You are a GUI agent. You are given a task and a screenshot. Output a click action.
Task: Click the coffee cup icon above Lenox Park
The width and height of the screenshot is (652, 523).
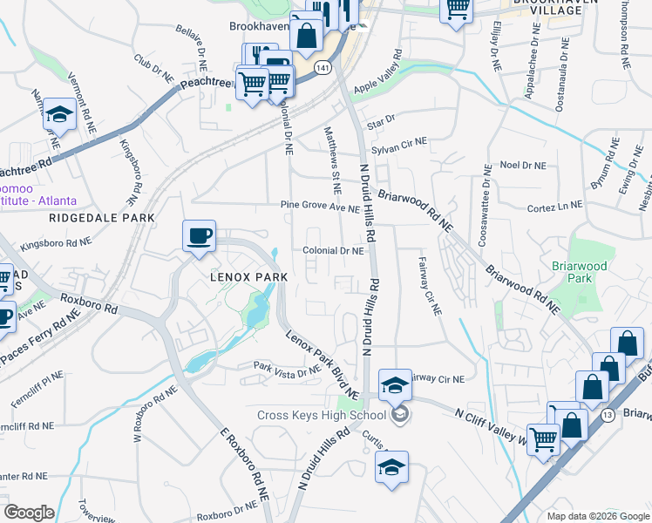(200, 235)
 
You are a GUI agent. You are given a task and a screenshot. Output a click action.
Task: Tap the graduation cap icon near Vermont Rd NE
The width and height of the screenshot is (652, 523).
(59, 114)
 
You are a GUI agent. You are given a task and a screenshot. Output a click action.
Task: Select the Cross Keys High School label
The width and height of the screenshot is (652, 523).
(321, 415)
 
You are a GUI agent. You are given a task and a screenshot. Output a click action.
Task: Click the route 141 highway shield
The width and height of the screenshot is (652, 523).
(323, 67)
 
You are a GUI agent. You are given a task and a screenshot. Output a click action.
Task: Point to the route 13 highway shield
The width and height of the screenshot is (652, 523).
(608, 416)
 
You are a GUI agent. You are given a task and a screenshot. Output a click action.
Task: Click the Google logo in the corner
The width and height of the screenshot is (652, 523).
(30, 513)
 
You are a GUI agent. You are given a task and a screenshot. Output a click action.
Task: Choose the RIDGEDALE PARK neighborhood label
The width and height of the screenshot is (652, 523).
(102, 217)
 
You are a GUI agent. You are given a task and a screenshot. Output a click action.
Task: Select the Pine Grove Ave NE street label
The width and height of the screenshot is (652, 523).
(320, 207)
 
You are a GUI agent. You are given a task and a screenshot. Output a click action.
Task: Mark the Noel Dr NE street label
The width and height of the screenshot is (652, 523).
(522, 165)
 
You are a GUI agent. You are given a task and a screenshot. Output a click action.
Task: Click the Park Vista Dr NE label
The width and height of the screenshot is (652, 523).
(288, 369)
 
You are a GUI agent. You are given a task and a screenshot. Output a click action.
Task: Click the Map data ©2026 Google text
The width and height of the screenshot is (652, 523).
(597, 515)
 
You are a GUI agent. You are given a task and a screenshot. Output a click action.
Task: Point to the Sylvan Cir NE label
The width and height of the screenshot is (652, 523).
(399, 145)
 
